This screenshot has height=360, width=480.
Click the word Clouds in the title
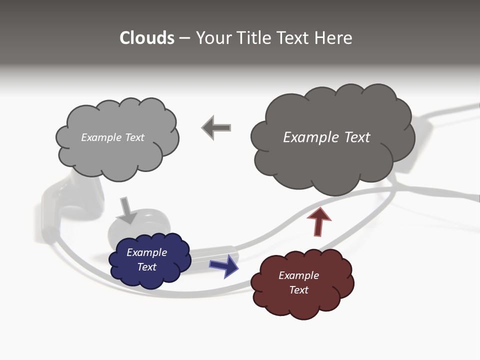point(146,38)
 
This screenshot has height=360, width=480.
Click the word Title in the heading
point(254,38)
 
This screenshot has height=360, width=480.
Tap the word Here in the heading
point(334,38)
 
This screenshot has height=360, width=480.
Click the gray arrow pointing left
point(216,128)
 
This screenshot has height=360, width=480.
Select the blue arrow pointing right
point(224,265)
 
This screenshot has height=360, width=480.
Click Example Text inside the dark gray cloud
point(326,137)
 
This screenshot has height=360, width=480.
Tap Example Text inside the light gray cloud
point(112,137)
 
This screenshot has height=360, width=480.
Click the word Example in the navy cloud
point(146,252)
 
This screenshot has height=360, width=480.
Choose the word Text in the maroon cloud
point(298,290)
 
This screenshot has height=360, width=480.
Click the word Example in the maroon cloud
point(298,275)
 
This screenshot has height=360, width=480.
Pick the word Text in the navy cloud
point(146,267)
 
